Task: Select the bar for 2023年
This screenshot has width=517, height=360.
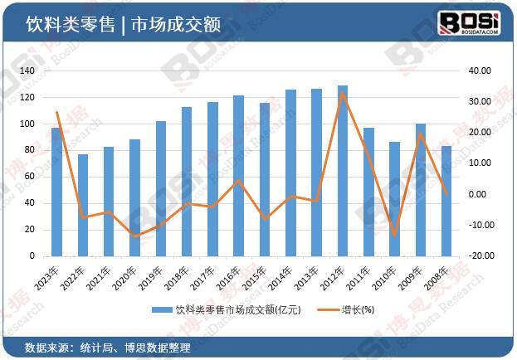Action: coord(56,192)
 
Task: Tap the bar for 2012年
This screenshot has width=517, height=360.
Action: coord(343,171)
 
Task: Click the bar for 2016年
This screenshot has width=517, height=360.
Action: coord(239,176)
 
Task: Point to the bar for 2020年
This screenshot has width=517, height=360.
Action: coord(134,198)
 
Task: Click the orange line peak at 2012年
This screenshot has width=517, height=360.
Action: coord(343,94)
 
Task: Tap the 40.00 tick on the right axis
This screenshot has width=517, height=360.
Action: coord(482,71)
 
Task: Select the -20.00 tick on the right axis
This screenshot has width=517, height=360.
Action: coord(481,256)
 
